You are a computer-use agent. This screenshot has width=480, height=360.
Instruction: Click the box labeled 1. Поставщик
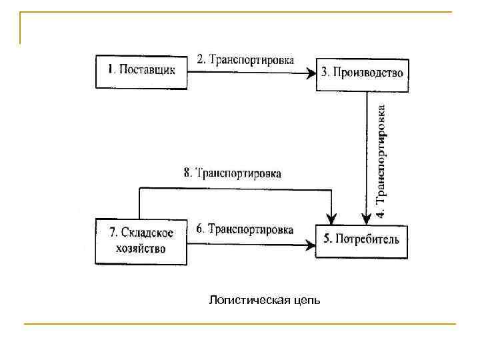(142, 69)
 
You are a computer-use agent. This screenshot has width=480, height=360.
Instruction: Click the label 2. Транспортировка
(245, 59)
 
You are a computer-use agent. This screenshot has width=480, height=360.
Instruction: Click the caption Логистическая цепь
(264, 300)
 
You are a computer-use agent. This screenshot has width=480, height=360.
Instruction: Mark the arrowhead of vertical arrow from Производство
(366, 219)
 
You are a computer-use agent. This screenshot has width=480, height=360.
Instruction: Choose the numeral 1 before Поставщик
(111, 69)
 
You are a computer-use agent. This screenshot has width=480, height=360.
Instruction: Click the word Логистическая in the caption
(249, 300)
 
